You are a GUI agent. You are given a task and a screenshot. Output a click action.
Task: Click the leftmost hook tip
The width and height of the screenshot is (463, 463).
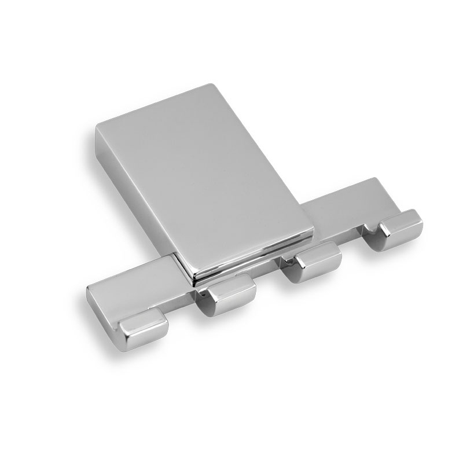point(144,331)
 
